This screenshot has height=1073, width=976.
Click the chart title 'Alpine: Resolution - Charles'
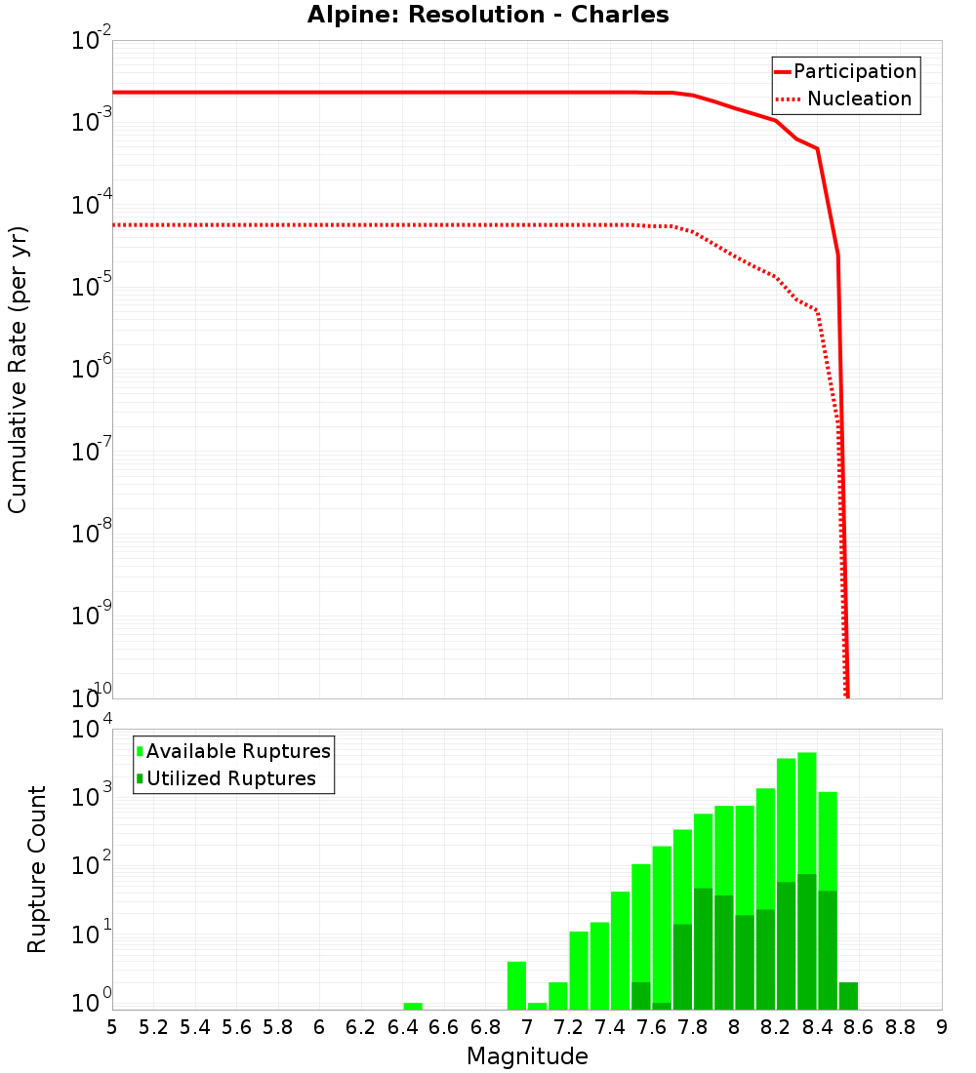488,16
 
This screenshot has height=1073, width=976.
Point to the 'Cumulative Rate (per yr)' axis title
19,369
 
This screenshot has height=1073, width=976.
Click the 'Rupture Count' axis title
37,869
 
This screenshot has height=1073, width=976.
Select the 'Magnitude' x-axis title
527,1056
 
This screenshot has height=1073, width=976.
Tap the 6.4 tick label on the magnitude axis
402,1027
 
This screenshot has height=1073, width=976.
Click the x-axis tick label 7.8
693,1027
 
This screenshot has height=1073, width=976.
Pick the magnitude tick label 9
942,1027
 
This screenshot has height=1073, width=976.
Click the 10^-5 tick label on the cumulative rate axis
92,287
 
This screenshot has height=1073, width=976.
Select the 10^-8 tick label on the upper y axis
92,534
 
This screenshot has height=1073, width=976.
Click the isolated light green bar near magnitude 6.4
413,1006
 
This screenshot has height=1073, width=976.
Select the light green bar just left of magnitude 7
516,985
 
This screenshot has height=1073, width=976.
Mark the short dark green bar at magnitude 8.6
848,996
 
